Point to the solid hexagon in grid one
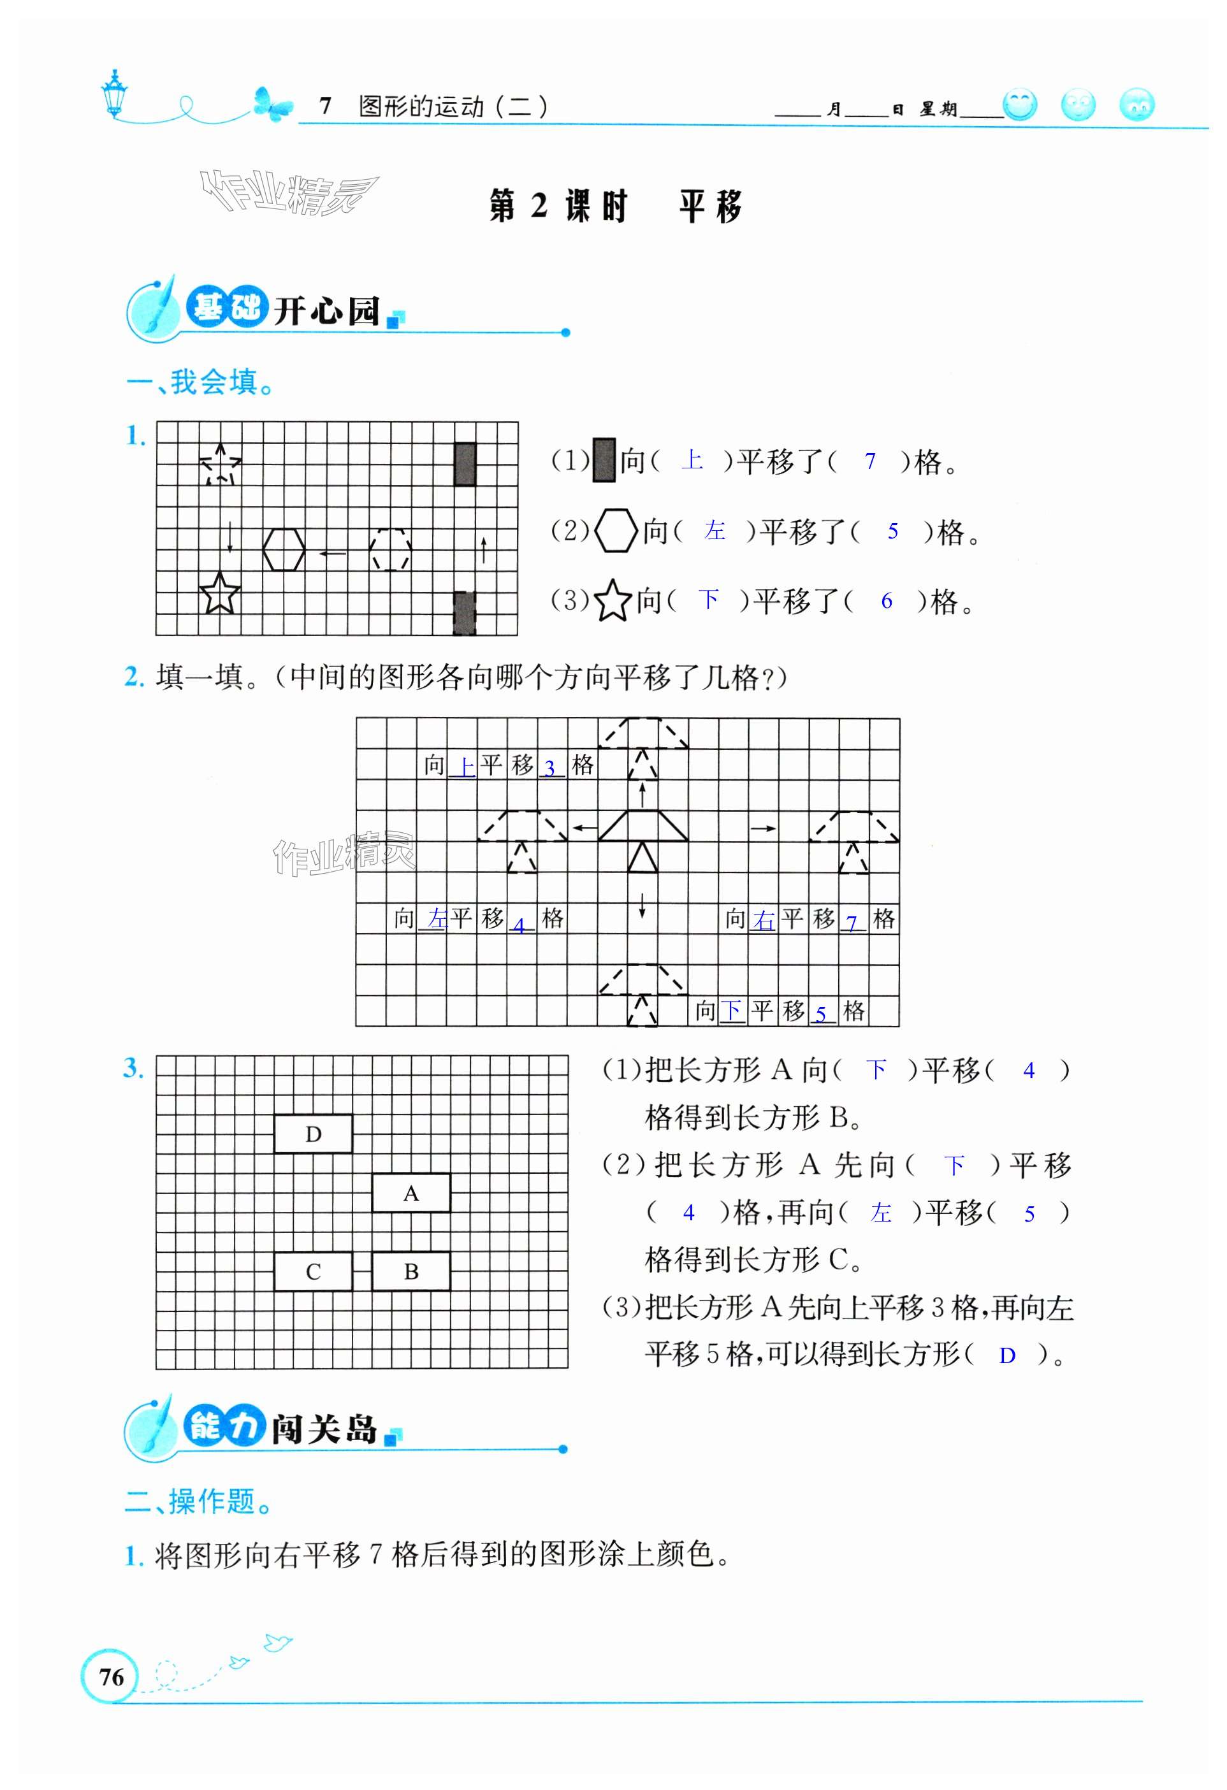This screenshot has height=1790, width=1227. pos(284,549)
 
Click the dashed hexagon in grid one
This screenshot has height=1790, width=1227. pos(391,549)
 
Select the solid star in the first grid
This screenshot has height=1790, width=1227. pos(219,594)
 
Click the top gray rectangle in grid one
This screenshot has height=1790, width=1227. pos(465,464)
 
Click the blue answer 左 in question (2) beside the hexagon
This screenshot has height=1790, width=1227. pos(714,530)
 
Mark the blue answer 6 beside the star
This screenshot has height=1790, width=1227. pos(887,601)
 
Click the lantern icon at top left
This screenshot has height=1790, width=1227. pos(115,94)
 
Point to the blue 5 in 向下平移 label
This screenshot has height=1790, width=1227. pos(821,1014)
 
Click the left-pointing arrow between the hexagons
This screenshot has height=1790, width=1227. pos(333,552)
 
